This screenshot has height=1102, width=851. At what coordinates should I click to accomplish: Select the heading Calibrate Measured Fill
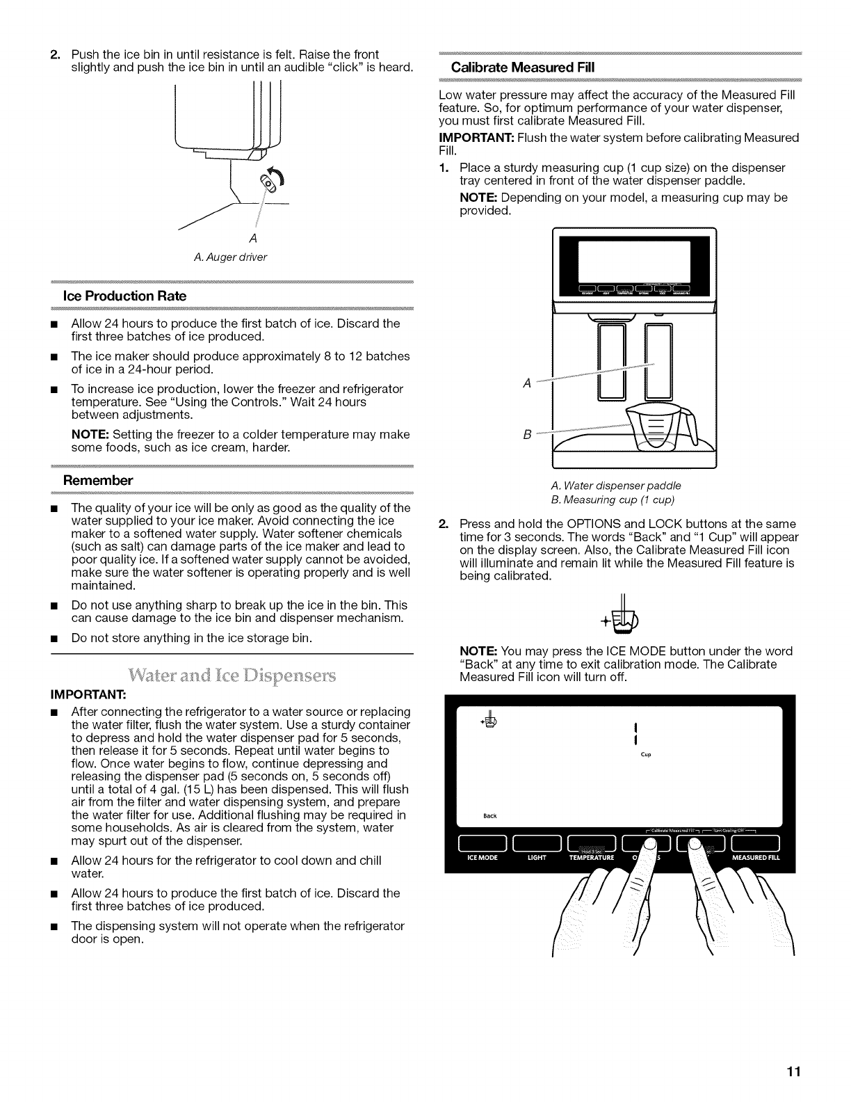coord(515,68)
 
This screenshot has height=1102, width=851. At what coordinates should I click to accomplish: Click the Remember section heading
coord(97,481)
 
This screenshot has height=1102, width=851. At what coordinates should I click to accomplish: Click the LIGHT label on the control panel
coord(537,858)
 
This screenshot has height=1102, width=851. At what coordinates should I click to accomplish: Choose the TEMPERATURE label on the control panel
coord(592,858)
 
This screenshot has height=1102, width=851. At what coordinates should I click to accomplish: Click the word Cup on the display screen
coord(646,754)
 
